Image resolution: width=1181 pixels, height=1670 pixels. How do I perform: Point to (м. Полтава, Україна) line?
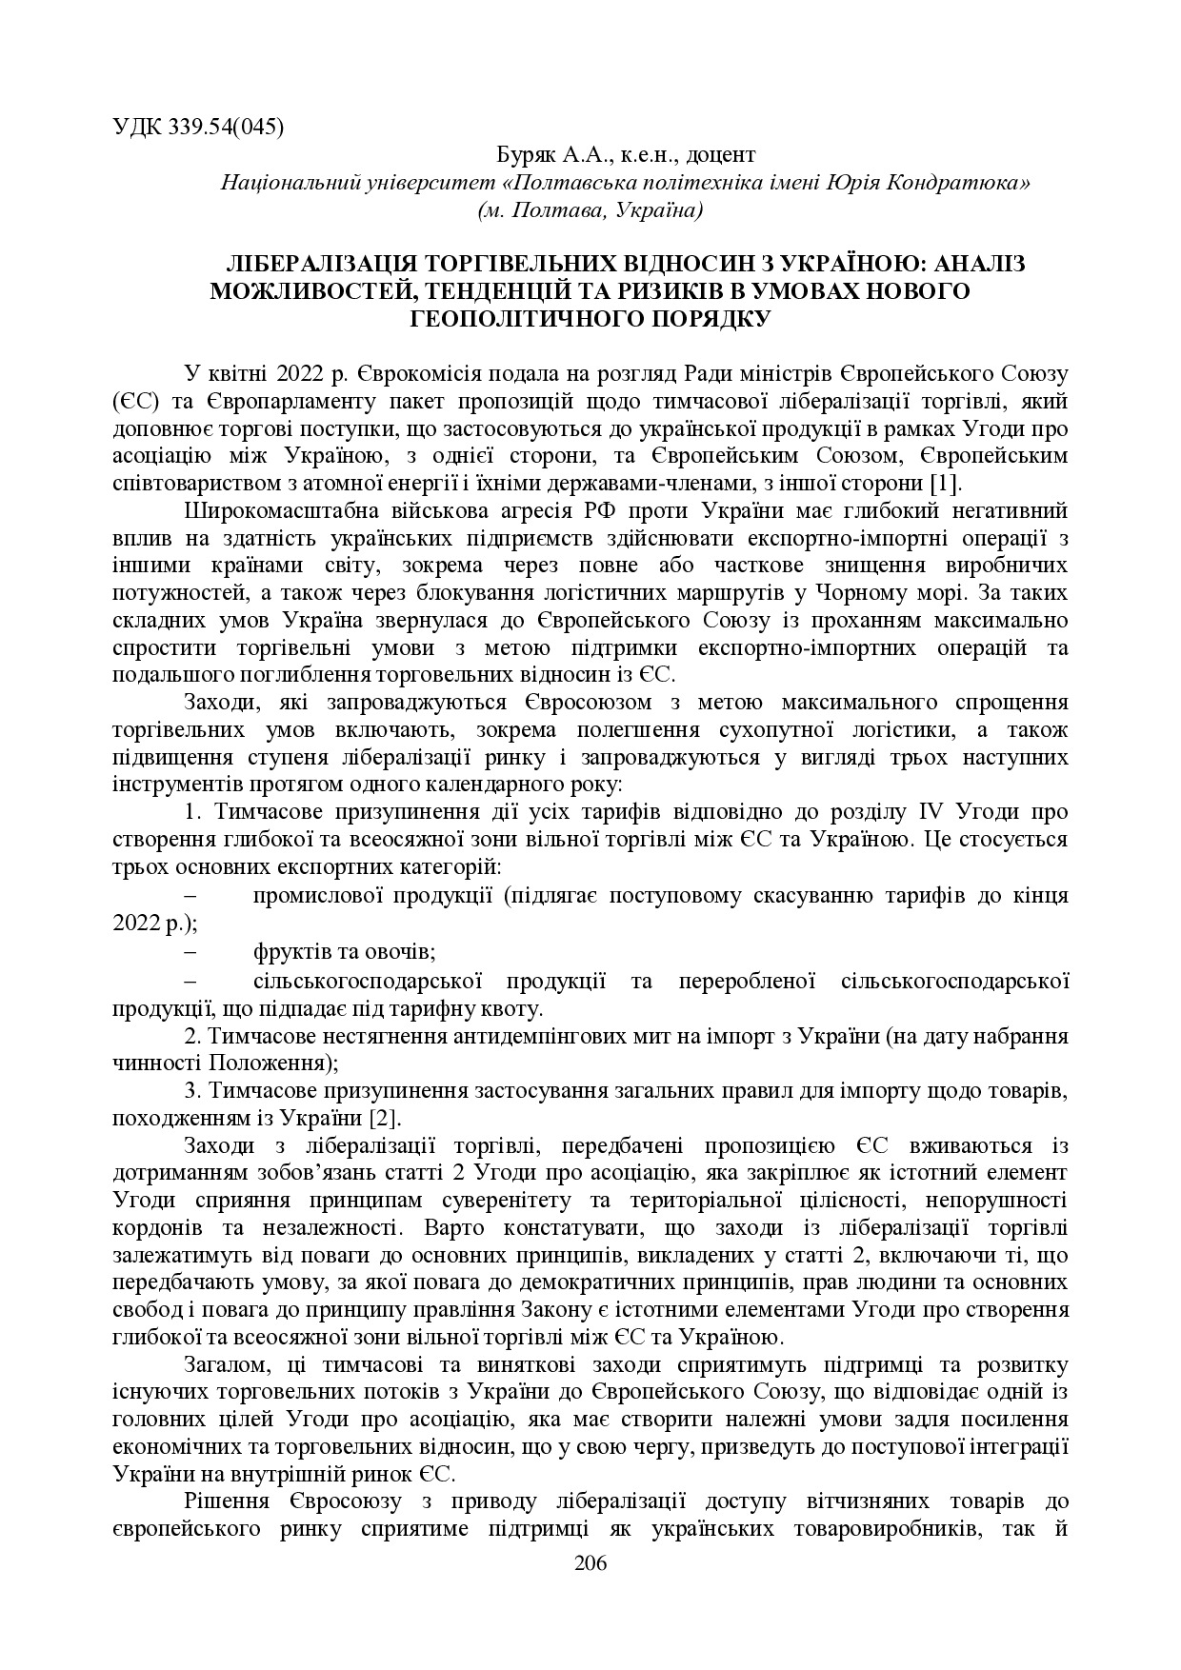(x=590, y=209)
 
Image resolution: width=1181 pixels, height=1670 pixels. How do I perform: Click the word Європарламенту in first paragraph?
(x=283, y=399)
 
